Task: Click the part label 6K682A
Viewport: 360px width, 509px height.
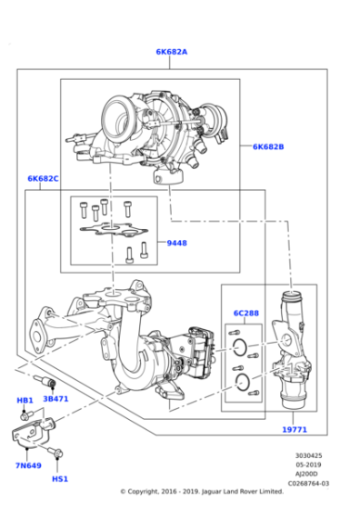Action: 172,52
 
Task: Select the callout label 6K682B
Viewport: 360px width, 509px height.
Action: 268,146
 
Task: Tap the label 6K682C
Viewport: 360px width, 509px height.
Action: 43,178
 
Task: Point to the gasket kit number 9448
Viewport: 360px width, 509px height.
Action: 177,243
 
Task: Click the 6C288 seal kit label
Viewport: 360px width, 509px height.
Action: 246,313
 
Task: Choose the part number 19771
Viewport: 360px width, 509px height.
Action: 295,429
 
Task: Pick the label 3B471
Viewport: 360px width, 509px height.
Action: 55,399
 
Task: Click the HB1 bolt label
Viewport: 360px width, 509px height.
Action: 25,400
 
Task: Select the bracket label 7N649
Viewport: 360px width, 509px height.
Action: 28,465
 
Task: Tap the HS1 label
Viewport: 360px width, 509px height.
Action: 60,479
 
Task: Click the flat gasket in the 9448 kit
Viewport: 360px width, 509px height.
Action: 114,229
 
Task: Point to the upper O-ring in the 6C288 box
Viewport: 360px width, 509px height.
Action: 240,347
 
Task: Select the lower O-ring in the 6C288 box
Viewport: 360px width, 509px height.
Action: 242,382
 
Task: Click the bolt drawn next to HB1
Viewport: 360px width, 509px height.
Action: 26,414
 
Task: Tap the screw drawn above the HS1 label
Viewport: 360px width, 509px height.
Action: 55,452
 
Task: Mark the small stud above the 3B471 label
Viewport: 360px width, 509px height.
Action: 45,380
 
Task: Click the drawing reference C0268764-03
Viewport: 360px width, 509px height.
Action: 308,484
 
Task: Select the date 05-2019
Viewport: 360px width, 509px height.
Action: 308,464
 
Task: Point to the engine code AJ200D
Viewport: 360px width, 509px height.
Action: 306,474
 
